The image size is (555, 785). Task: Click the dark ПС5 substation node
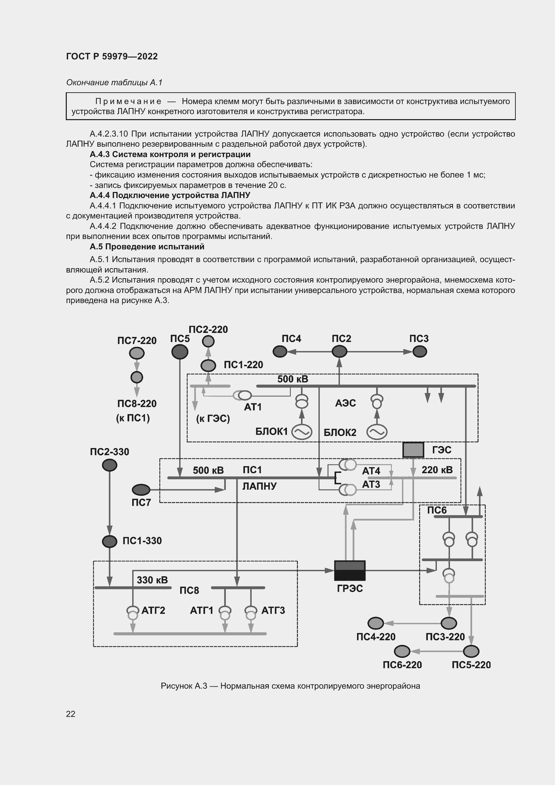pyautogui.click(x=180, y=352)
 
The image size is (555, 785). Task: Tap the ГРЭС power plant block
pyautogui.click(x=350, y=570)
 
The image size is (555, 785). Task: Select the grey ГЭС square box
pyautogui.click(x=413, y=450)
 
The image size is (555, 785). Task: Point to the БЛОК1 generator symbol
pyautogui.click(x=301, y=432)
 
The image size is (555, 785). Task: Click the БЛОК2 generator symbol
pyautogui.click(x=376, y=432)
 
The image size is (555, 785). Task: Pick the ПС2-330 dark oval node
pyautogui.click(x=109, y=465)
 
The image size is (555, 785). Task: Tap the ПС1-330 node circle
pyautogui.click(x=109, y=541)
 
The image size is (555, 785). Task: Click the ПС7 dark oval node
pyautogui.click(x=141, y=490)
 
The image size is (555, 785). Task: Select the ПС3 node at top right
pyautogui.click(x=420, y=351)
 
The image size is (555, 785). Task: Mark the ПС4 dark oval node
pyautogui.click(x=280, y=351)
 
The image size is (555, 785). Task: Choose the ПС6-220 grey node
pyautogui.click(x=402, y=651)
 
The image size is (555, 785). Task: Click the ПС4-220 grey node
pyautogui.click(x=375, y=623)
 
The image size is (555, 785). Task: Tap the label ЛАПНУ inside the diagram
pyautogui.click(x=259, y=486)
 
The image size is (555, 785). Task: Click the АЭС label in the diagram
pyautogui.click(x=346, y=403)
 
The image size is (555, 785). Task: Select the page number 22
pyautogui.click(x=71, y=714)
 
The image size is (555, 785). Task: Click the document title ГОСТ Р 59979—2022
pyautogui.click(x=112, y=56)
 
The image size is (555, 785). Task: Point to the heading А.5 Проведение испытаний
pyautogui.click(x=147, y=247)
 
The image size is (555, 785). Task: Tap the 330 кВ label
pyautogui.click(x=152, y=580)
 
